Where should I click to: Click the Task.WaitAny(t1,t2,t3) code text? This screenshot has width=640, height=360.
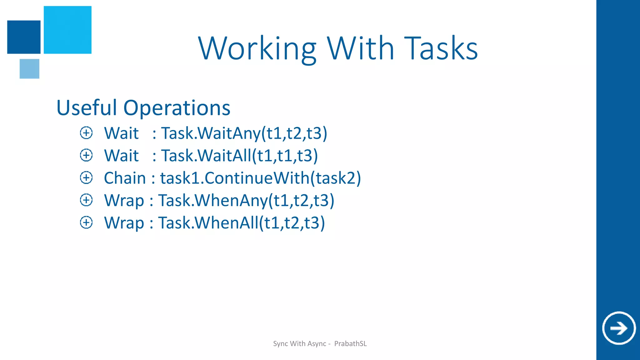tap(244, 133)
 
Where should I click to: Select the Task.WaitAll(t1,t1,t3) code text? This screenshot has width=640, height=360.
tap(239, 156)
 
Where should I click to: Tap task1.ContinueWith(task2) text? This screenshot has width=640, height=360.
tap(260, 178)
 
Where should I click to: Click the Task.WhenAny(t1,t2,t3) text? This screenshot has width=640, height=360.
tap(246, 200)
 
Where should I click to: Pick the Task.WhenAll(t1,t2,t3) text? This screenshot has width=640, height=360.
tap(242, 223)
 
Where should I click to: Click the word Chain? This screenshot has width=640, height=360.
tap(125, 178)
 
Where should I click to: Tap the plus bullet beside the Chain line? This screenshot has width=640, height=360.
tap(86, 178)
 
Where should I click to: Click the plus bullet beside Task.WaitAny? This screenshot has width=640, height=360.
tap(86, 133)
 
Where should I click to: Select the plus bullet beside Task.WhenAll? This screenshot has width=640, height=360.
tap(86, 222)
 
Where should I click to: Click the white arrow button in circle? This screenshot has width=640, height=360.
tap(619, 328)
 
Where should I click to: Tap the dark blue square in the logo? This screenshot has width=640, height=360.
tap(24, 37)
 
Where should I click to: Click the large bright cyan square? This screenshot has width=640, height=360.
tap(67, 30)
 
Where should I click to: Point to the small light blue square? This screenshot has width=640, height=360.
tap(29, 69)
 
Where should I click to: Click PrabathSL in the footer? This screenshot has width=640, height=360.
tap(350, 344)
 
